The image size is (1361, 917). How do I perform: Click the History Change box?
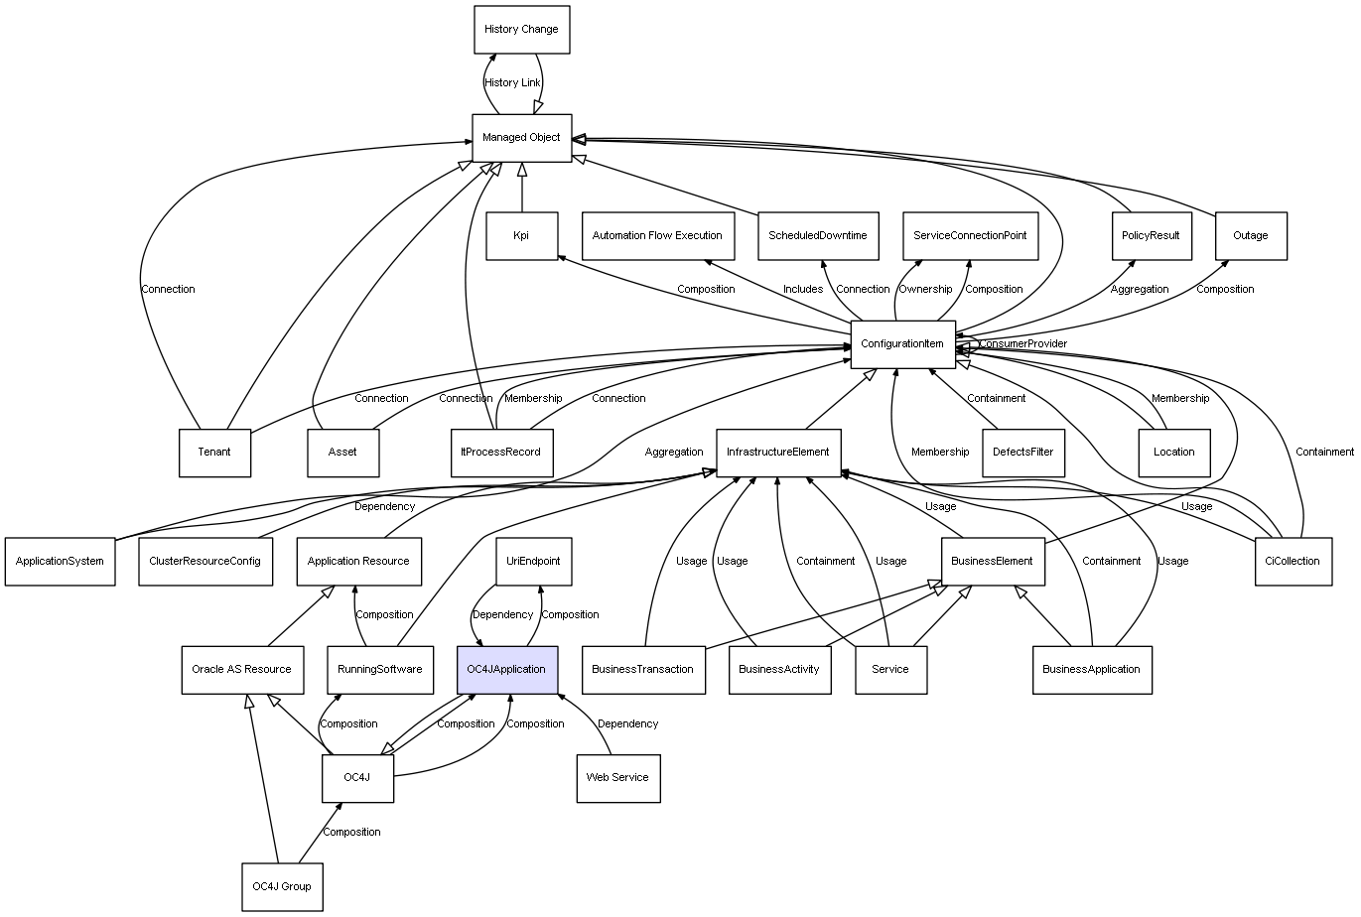click(x=521, y=30)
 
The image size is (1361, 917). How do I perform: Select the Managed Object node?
click(x=521, y=137)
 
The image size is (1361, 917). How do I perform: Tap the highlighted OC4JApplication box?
click(x=506, y=669)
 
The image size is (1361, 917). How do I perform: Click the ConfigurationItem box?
click(x=902, y=344)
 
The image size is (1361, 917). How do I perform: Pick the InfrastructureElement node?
click(x=778, y=453)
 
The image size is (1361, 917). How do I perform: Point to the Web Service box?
click(x=617, y=777)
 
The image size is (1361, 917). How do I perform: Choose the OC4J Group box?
click(x=282, y=886)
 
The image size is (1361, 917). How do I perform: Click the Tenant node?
click(x=214, y=453)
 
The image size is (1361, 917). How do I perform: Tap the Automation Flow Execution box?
click(x=657, y=236)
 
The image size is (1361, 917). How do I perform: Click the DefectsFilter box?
click(x=1022, y=453)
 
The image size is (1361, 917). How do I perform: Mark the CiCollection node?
click(x=1293, y=561)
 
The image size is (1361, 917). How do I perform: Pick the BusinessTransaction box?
click(x=642, y=669)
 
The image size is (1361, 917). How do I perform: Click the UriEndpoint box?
click(x=533, y=561)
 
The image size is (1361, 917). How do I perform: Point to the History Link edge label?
click(x=513, y=83)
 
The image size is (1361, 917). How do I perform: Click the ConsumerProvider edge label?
click(x=1022, y=344)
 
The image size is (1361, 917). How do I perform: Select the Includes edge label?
click(x=803, y=290)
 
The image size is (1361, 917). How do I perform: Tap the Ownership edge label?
click(x=925, y=290)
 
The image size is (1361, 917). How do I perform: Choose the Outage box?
click(x=1251, y=236)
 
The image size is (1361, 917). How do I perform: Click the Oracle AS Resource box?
click(x=241, y=669)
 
